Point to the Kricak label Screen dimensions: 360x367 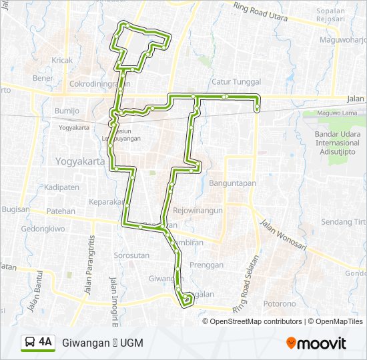pyautogui.click(x=61, y=60)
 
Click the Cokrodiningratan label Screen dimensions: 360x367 pyautogui.click(x=100, y=85)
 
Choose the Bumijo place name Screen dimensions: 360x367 pyautogui.click(x=67, y=110)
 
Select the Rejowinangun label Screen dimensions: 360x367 pyautogui.click(x=198, y=209)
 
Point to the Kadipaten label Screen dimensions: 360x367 pyautogui.click(x=61, y=187)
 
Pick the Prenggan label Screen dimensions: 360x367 pyautogui.click(x=207, y=265)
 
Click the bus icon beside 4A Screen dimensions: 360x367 pyautogui.click(x=30, y=342)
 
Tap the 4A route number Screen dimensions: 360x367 pyautogui.click(x=45, y=342)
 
